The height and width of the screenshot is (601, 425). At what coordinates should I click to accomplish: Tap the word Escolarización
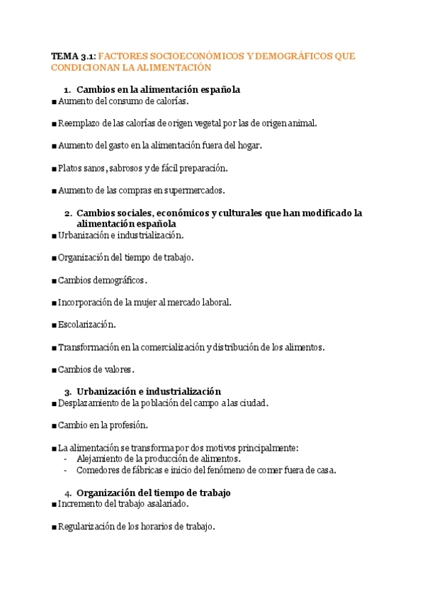(x=86, y=325)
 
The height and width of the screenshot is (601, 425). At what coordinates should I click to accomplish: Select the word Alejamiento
(x=102, y=459)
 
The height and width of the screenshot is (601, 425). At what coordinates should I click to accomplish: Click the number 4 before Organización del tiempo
(x=67, y=493)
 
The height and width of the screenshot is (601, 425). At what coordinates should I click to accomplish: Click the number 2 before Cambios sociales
(x=67, y=213)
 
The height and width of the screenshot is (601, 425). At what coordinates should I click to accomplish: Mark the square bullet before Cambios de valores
(x=54, y=369)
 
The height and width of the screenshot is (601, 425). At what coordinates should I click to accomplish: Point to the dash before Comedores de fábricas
(x=66, y=469)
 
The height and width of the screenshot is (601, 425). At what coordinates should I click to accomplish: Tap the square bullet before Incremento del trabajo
(x=54, y=504)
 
